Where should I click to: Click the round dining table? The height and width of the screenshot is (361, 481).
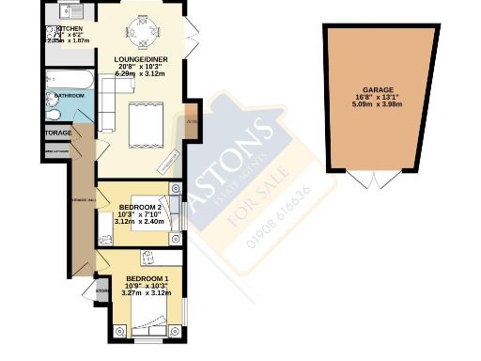[143, 34]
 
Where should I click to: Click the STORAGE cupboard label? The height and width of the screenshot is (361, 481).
[56, 134]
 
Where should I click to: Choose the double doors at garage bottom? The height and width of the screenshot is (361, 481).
[373, 180]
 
